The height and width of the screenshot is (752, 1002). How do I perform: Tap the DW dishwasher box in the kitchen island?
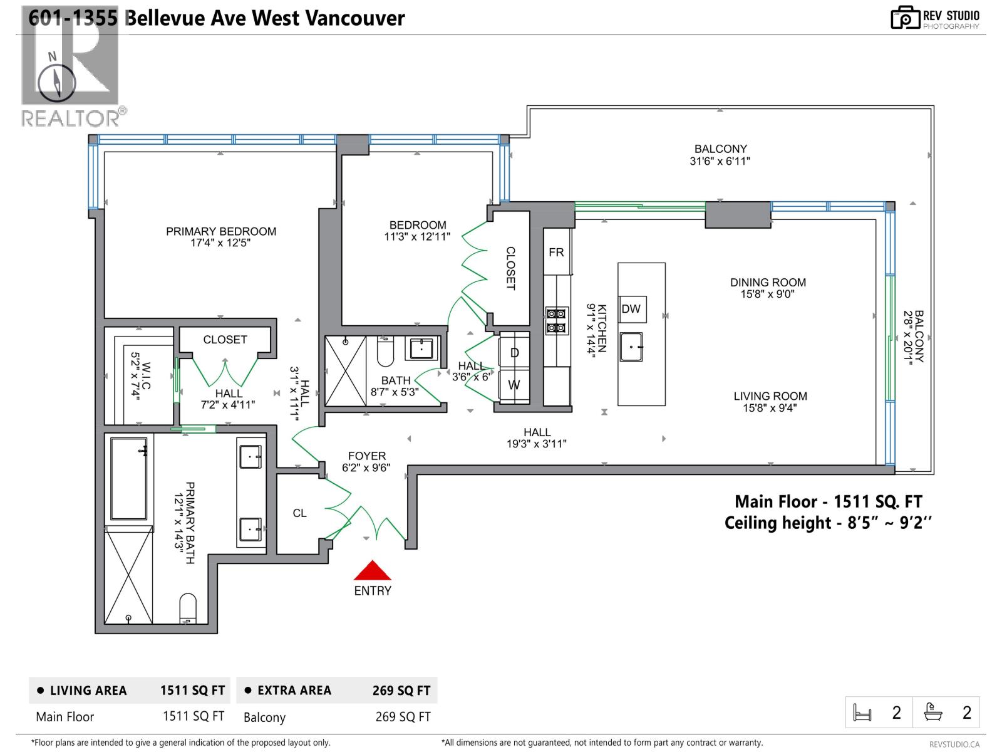(x=631, y=309)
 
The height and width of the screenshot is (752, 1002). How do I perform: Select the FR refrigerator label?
(x=556, y=253)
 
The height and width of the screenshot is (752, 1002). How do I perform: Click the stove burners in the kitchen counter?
(x=556, y=320)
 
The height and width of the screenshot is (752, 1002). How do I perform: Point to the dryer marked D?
(x=514, y=353)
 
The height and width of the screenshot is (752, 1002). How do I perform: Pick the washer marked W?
(x=514, y=385)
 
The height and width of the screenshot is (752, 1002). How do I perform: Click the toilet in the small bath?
(x=385, y=353)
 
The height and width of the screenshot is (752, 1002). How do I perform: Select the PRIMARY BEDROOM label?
(x=221, y=231)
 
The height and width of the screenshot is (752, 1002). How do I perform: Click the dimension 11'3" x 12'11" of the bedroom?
(x=417, y=237)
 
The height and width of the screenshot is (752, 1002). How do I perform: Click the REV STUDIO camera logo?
(x=906, y=18)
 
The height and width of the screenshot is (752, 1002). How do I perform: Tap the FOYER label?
(x=367, y=456)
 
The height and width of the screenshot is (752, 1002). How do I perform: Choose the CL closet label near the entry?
(x=299, y=513)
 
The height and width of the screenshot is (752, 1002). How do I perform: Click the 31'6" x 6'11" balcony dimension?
(x=720, y=161)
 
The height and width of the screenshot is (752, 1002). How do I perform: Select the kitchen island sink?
(x=631, y=347)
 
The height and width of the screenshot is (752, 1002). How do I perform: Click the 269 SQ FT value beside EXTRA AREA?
(x=401, y=691)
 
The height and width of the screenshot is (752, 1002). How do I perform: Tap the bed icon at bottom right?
(x=863, y=713)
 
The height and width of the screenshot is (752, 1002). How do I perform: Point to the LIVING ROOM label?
(x=770, y=396)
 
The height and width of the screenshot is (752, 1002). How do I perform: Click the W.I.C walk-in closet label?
(x=145, y=376)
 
